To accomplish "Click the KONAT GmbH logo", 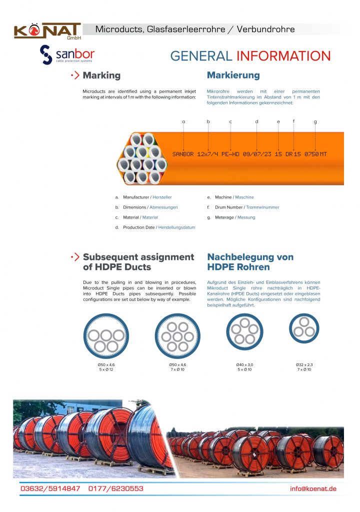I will pyautogui.click(x=47, y=30).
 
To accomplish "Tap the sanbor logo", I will pyautogui.click(x=67, y=54).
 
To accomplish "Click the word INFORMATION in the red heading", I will pyautogui.click(x=283, y=56).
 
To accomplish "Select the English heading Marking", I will pyautogui.click(x=101, y=75).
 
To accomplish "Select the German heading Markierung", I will pyautogui.click(x=233, y=75).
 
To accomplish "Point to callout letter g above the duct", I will pyautogui.click(x=315, y=121).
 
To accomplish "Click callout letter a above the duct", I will pyautogui.click(x=183, y=121).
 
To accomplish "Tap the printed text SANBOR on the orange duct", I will pyautogui.click(x=183, y=154).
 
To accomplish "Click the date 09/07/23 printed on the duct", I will pyautogui.click(x=256, y=154).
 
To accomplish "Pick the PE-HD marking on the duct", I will pyautogui.click(x=230, y=154).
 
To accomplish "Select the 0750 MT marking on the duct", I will pyautogui.click(x=315, y=154).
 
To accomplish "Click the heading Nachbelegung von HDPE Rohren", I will pyautogui.click(x=250, y=262).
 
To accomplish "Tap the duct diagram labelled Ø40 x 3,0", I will pyautogui.click(x=244, y=331).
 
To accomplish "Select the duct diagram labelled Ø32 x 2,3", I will pyautogui.click(x=304, y=328).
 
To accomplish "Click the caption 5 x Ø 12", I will pyautogui.click(x=106, y=369).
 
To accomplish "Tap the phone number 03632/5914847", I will pyautogui.click(x=50, y=488).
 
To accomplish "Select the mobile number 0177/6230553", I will pyautogui.click(x=116, y=488).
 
